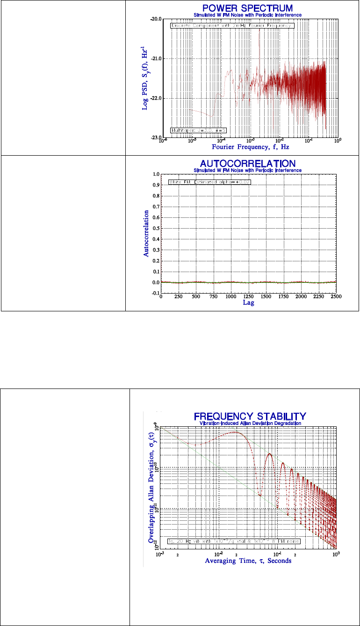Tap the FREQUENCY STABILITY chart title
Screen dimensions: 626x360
coord(250,416)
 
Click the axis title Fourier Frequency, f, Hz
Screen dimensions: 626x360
coord(250,147)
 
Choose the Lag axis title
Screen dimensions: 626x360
coord(248,303)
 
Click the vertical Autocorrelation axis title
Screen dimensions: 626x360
coord(146,234)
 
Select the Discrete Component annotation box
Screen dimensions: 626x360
coord(232,26)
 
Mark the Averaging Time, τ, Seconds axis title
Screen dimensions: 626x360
coord(248,561)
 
